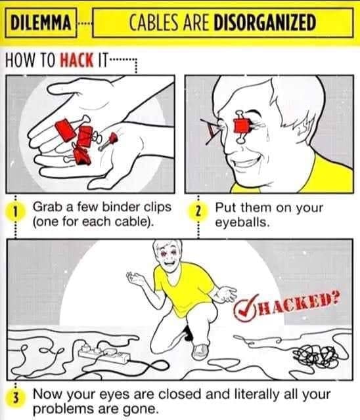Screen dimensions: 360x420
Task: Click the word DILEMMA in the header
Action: (41, 22)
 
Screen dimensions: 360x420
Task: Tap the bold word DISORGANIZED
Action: (264, 22)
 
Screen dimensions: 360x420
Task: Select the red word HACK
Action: (77, 60)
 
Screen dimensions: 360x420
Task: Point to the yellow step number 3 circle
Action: (15, 400)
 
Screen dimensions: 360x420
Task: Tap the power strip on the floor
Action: (104, 353)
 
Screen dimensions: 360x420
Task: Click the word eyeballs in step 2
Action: (242, 222)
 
